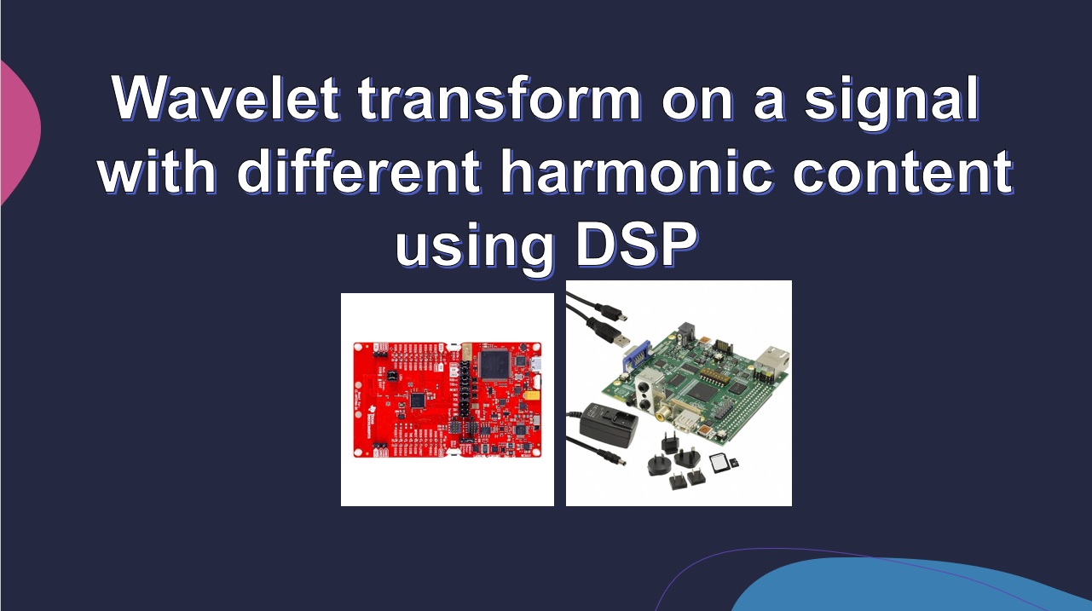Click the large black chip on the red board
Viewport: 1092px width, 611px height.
point(494,364)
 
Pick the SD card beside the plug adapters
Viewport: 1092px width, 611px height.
point(721,463)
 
